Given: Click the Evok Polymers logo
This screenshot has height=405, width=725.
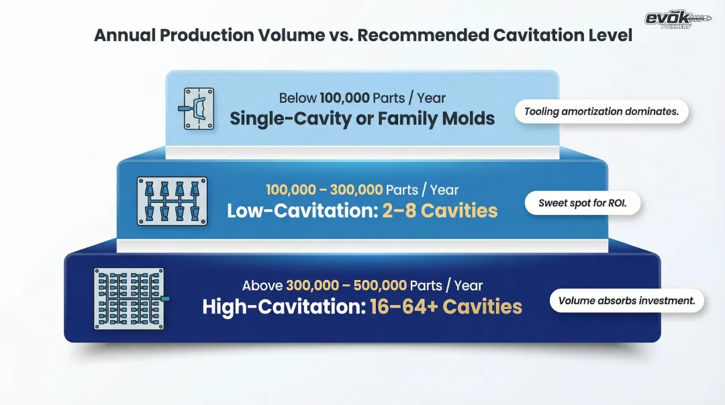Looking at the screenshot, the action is coord(678,19).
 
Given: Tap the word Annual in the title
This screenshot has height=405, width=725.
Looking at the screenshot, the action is coord(125,35).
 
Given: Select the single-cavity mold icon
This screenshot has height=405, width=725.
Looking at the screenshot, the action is coord(197,109).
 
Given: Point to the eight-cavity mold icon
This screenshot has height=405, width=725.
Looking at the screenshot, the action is coord(172,201).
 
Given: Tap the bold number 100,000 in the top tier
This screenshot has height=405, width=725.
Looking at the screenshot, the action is coord(344,98).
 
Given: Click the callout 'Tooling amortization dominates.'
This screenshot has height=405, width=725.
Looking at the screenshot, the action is coord(601,111).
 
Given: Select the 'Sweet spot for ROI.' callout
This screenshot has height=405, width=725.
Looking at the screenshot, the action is coord(583,204).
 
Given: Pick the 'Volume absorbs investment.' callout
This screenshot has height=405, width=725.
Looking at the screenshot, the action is coord(626,301).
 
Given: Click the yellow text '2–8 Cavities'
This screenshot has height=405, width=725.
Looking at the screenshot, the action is coord(440,211).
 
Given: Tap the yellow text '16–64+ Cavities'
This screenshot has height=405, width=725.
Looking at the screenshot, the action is coord(446,307).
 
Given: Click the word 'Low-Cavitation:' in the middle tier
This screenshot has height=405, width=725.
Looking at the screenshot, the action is coord(303,211).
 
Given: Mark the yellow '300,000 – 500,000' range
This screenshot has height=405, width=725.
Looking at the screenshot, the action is coord(346,285).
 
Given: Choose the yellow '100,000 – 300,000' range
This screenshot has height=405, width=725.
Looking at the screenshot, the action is coord(324,190).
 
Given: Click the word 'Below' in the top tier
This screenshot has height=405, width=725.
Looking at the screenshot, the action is coord(298,98).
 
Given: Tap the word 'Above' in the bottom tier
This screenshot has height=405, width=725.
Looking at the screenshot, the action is coord(262,285).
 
